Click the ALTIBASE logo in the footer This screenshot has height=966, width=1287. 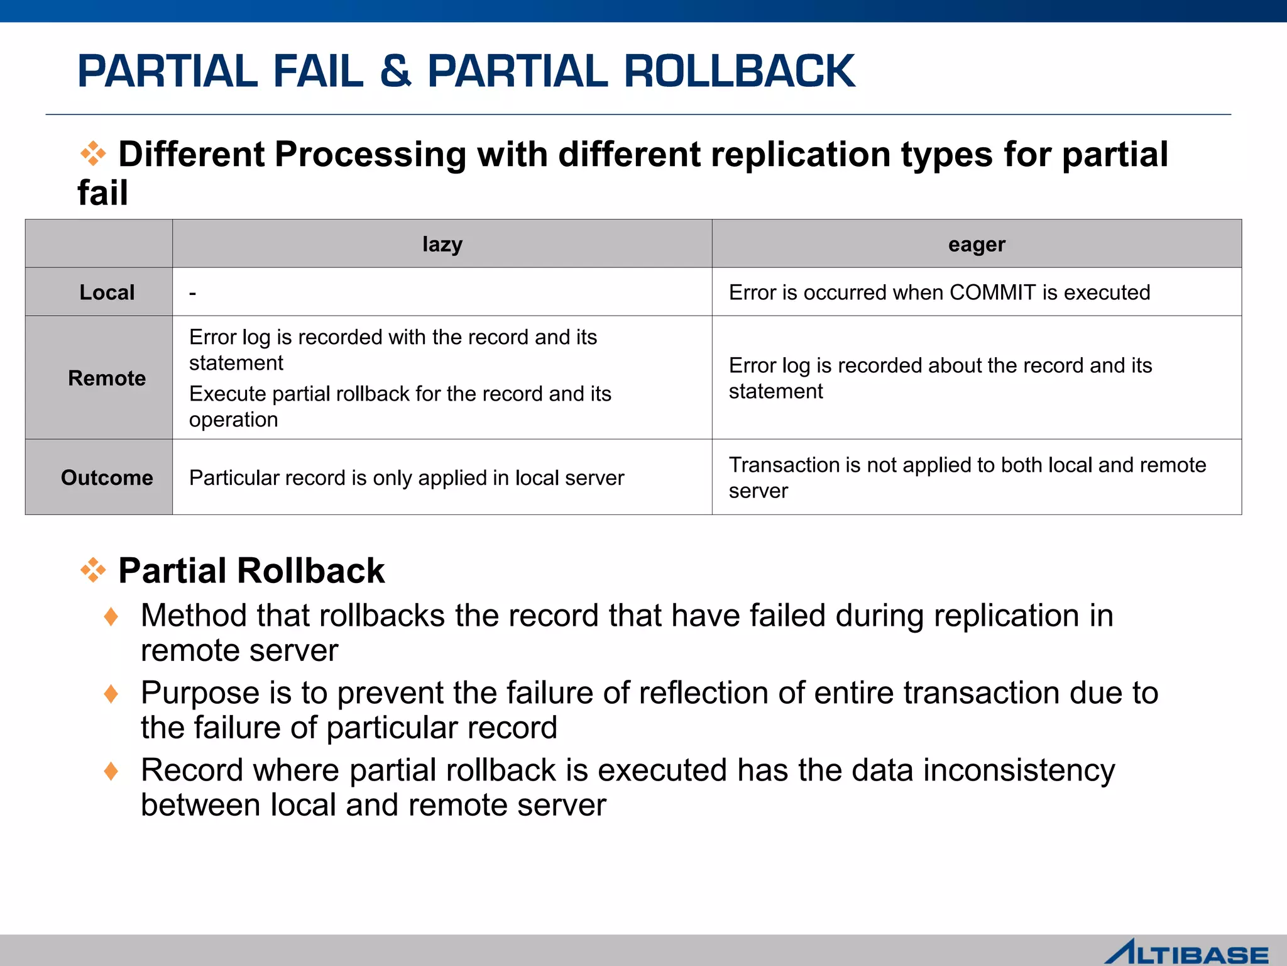pyautogui.click(x=1186, y=953)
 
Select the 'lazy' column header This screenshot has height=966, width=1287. pyautogui.click(x=442, y=244)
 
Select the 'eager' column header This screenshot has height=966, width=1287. pyautogui.click(x=977, y=244)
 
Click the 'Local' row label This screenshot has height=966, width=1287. pyautogui.click(x=107, y=292)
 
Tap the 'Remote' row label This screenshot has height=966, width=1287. pyautogui.click(x=107, y=378)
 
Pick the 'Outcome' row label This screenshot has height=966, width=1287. pyautogui.click(x=107, y=478)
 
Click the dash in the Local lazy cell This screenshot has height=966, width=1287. pyautogui.click(x=193, y=293)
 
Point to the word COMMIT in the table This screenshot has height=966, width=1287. pyautogui.click(x=992, y=292)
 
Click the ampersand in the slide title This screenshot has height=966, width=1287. pyautogui.click(x=395, y=70)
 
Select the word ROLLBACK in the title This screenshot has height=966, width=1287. pyautogui.click(x=739, y=70)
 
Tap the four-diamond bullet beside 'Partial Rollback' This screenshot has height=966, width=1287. pyautogui.click(x=93, y=570)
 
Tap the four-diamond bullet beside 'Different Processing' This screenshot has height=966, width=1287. pyautogui.click(x=93, y=153)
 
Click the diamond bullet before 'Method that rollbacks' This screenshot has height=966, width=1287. pyautogui.click(x=111, y=616)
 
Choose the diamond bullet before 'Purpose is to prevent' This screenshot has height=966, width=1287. pyautogui.click(x=111, y=694)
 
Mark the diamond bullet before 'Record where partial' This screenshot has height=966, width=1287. pyautogui.click(x=111, y=771)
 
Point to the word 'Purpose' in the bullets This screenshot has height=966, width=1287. pyautogui.click(x=200, y=693)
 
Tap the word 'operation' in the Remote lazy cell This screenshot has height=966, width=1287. pyautogui.click(x=233, y=419)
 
